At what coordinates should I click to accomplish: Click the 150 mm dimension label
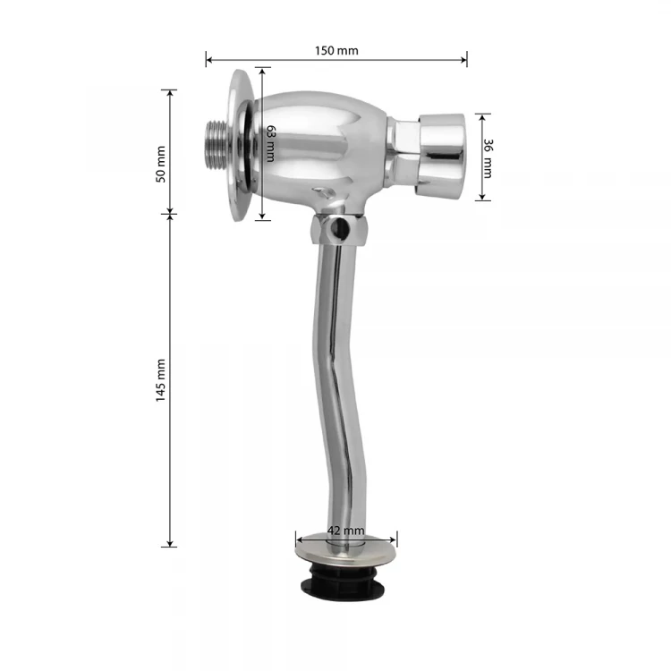coord(336,50)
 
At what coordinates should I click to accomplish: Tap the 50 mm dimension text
coord(160,165)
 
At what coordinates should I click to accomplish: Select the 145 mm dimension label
coord(160,380)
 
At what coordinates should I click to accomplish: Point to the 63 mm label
coord(270,144)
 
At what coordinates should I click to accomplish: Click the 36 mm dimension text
coord(488,158)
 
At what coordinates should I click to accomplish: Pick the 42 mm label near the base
coord(345,531)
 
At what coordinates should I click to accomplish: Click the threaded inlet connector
coord(217,146)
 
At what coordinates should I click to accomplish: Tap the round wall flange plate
coord(241,146)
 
